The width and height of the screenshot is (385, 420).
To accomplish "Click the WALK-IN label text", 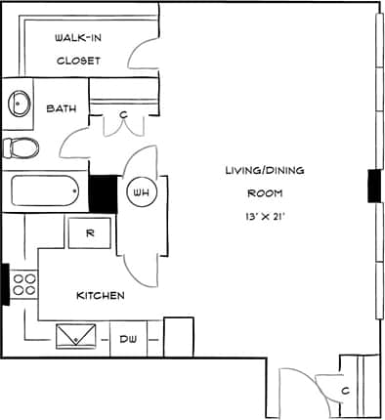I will click(x=78, y=38).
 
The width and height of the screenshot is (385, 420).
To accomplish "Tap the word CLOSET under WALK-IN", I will click(x=78, y=60).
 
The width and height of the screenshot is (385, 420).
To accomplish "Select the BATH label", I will click(x=62, y=108).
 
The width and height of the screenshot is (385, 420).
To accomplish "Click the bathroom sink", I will click(x=19, y=103).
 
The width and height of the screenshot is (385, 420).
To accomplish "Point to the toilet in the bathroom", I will click(x=21, y=147).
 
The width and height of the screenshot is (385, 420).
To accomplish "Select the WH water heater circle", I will click(x=138, y=192).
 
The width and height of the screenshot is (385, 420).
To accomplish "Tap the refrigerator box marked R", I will click(x=89, y=232).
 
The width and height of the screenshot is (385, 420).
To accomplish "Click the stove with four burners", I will click(x=23, y=284).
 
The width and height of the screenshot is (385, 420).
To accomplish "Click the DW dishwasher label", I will click(x=129, y=339).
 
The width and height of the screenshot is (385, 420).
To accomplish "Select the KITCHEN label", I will click(x=100, y=295).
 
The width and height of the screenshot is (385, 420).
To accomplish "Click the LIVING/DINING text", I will click(x=264, y=170).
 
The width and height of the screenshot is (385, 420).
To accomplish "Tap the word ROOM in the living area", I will click(x=264, y=192).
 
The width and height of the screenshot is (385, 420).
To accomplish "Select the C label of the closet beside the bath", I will click(x=123, y=115).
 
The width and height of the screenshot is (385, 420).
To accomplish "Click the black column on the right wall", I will click(x=373, y=186).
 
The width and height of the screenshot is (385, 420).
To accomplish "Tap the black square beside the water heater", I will click(x=103, y=192).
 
